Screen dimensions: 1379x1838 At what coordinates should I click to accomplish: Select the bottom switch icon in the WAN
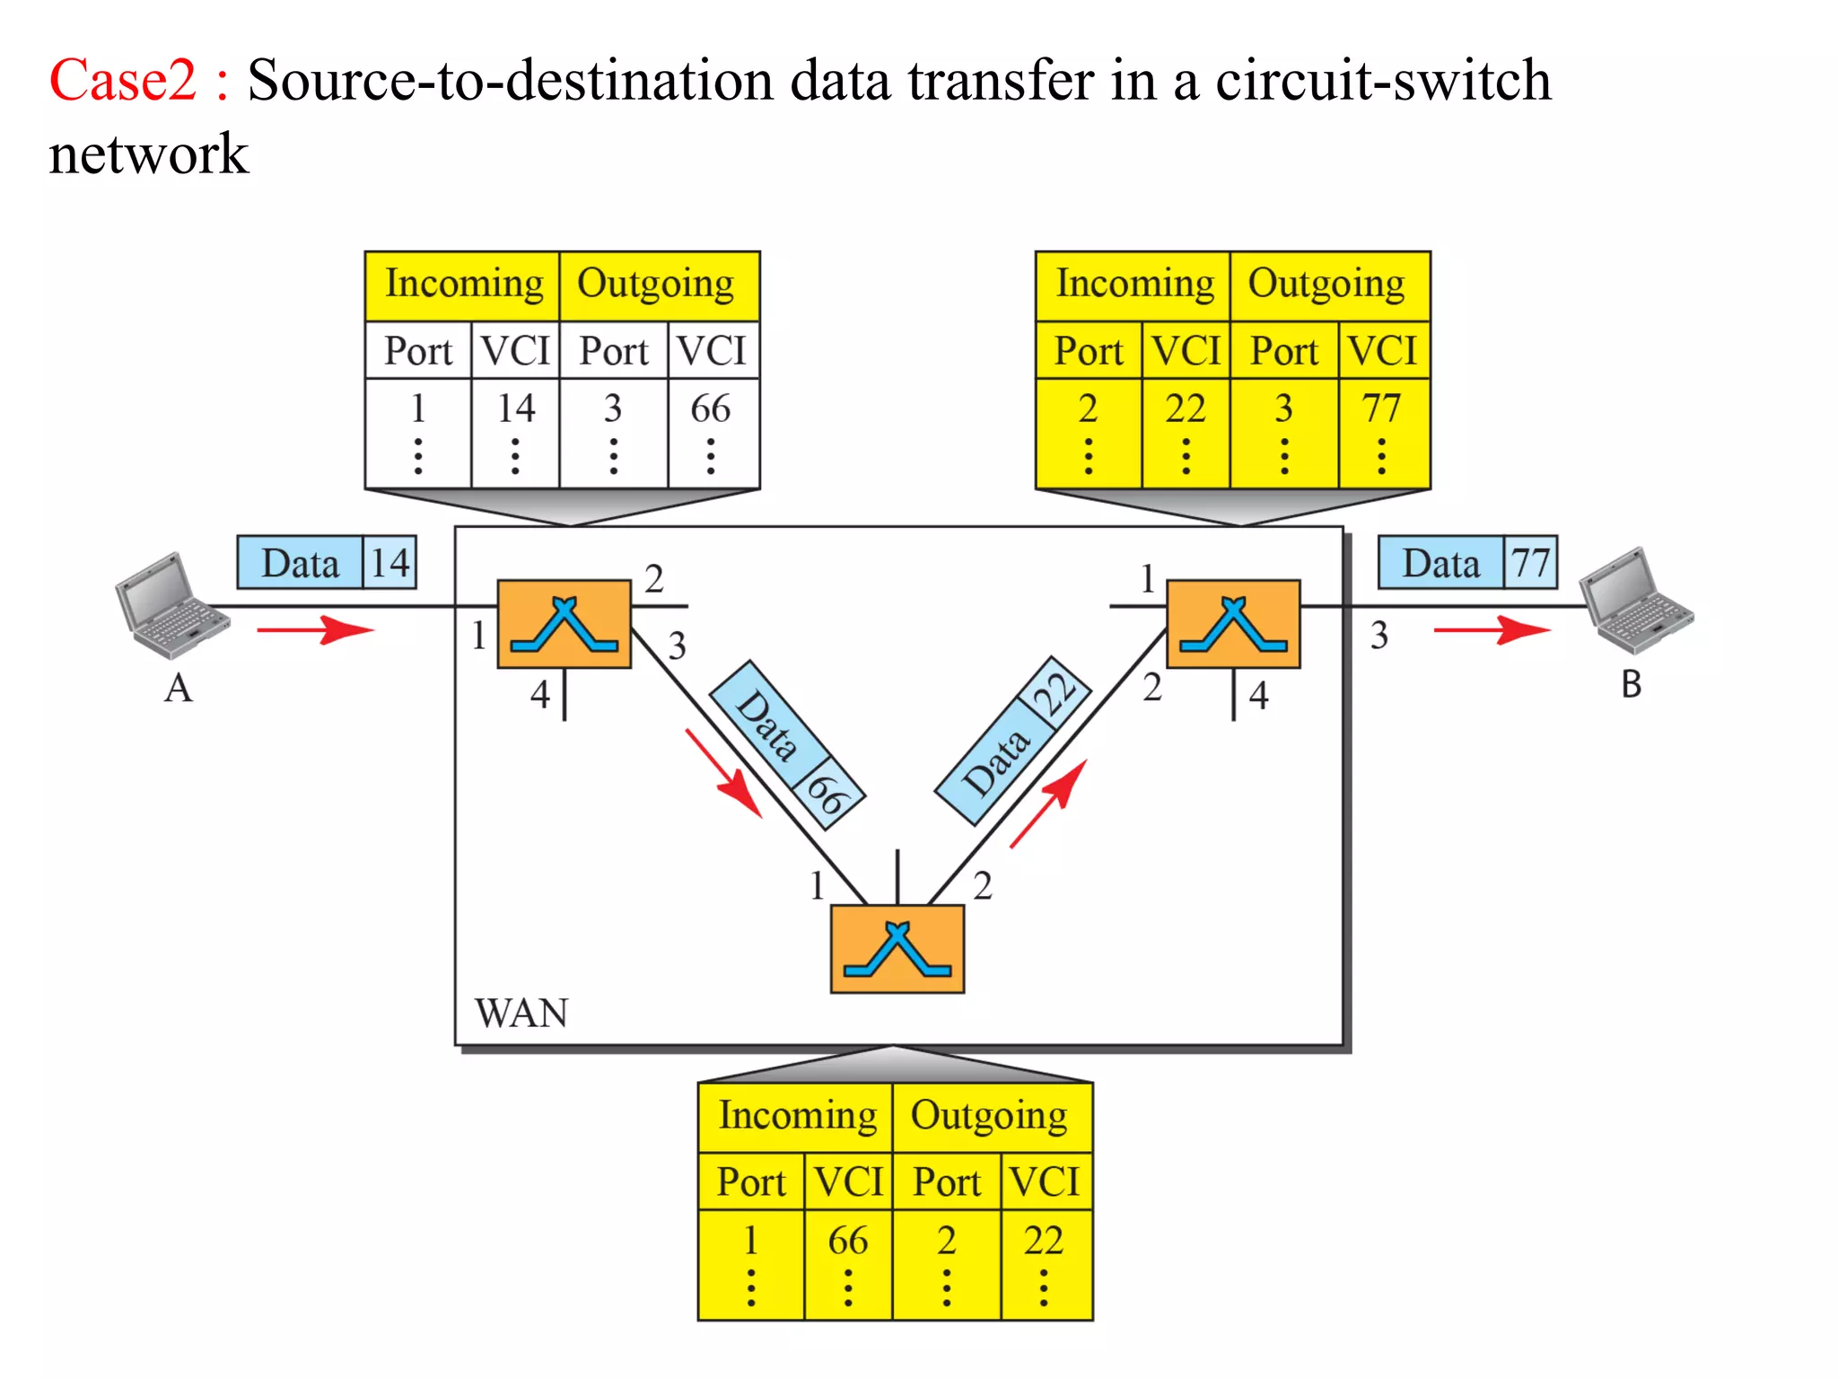pyautogui.click(x=897, y=949)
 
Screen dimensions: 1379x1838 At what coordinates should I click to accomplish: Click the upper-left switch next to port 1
pyautogui.click(x=564, y=624)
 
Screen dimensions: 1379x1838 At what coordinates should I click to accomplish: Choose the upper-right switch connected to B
pyautogui.click(x=1233, y=624)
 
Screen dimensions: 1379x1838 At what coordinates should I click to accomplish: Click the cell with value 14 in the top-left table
pyautogui.click(x=516, y=409)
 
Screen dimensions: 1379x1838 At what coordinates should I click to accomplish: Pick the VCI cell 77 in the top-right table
pyautogui.click(x=1381, y=409)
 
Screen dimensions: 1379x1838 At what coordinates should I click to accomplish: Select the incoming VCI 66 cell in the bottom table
pyautogui.click(x=847, y=1241)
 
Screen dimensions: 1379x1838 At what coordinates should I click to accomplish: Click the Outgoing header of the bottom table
pyautogui.click(x=990, y=1116)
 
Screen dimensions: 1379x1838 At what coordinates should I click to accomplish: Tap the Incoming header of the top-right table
pyautogui.click(x=1134, y=285)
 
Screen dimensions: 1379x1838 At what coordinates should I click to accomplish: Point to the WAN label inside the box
pyautogui.click(x=521, y=1014)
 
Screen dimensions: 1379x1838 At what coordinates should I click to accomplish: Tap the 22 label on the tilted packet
pyautogui.click(x=1056, y=693)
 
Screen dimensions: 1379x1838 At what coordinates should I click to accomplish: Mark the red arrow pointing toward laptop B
pyautogui.click(x=1492, y=629)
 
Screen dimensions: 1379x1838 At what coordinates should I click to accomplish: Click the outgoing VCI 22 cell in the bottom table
pyautogui.click(x=1044, y=1241)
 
